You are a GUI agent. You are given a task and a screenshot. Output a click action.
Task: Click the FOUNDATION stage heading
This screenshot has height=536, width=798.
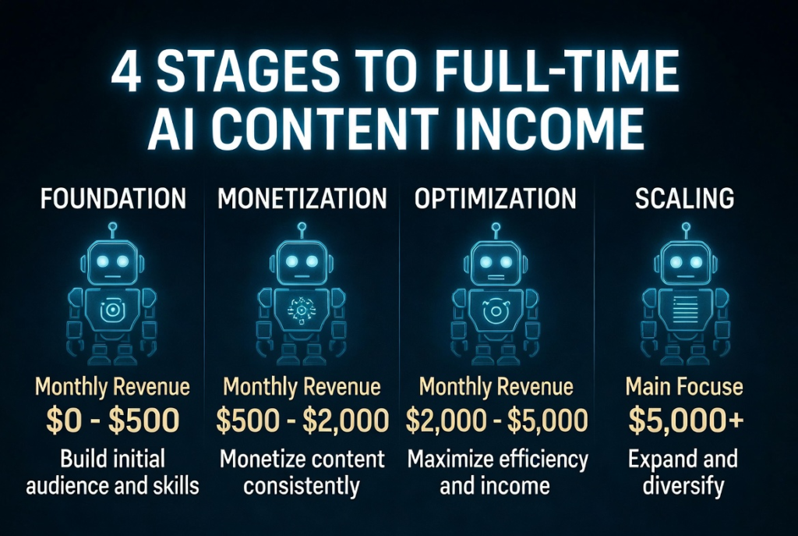pos(113,198)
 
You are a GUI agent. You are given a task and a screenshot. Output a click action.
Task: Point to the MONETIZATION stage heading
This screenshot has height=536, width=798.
pos(302,198)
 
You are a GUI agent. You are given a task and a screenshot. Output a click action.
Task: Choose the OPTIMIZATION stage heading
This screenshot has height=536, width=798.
pos(495,198)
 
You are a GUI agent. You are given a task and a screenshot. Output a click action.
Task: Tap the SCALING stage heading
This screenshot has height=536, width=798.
pos(684,198)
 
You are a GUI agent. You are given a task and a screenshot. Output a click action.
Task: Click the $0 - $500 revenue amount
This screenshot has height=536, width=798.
pos(112,421)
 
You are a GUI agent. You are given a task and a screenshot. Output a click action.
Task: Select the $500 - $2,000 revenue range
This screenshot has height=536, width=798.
pos(302,421)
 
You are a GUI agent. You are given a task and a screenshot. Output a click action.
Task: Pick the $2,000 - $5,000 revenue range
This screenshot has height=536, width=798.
pos(496,421)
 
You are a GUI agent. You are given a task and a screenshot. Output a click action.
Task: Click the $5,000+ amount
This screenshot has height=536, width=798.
pos(686,421)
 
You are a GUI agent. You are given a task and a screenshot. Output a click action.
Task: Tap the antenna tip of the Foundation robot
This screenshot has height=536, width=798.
pos(112,225)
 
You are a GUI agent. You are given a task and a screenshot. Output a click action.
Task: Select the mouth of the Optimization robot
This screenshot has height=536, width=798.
pos(495,278)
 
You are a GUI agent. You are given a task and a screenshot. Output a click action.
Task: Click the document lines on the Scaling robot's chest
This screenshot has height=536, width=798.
pos(685,307)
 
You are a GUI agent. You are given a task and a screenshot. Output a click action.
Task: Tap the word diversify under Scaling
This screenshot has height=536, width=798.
pos(683,485)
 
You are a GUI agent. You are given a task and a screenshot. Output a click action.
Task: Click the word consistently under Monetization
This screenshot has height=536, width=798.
pos(302,485)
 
